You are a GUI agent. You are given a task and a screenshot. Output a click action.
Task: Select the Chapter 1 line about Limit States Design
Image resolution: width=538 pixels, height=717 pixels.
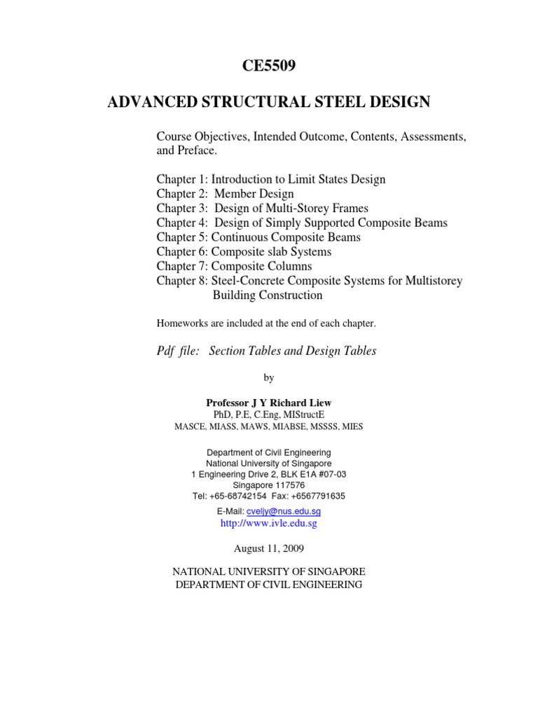[x=270, y=179]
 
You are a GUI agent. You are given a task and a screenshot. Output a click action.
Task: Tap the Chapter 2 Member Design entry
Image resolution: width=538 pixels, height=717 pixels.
[x=225, y=193]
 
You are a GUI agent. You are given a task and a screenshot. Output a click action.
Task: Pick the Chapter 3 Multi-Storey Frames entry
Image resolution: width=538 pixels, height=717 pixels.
[x=262, y=208]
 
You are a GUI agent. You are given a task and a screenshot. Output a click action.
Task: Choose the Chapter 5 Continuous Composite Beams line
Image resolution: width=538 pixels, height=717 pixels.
[x=258, y=237]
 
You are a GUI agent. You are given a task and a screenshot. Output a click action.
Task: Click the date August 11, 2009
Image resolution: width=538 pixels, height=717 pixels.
[x=269, y=548]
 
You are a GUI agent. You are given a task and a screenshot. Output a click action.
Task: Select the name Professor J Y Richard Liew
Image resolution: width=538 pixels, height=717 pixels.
[x=268, y=403]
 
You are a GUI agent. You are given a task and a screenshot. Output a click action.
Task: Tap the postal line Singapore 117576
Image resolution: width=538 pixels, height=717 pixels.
[x=269, y=485]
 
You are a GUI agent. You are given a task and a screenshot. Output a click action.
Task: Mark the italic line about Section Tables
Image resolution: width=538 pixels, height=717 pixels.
[x=266, y=351]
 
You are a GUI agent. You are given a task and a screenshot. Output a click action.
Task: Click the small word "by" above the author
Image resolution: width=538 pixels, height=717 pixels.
[x=269, y=378]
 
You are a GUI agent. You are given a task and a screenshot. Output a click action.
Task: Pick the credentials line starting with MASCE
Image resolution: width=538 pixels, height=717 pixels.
[x=268, y=426]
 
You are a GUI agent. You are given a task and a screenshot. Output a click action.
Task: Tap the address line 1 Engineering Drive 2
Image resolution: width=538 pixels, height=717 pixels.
[x=269, y=474]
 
